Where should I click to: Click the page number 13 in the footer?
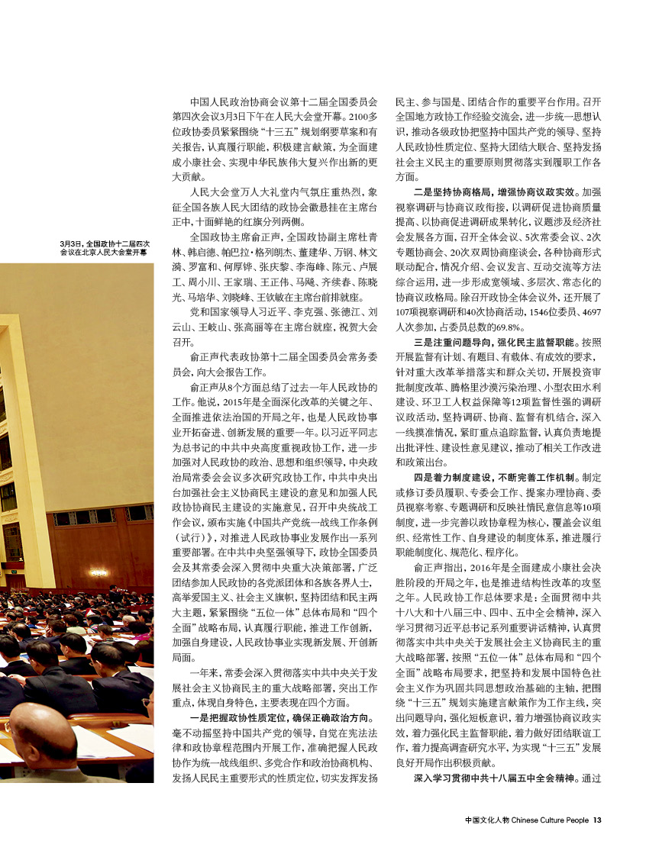click(x=598, y=820)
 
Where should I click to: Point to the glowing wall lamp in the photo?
click(x=97, y=572)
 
